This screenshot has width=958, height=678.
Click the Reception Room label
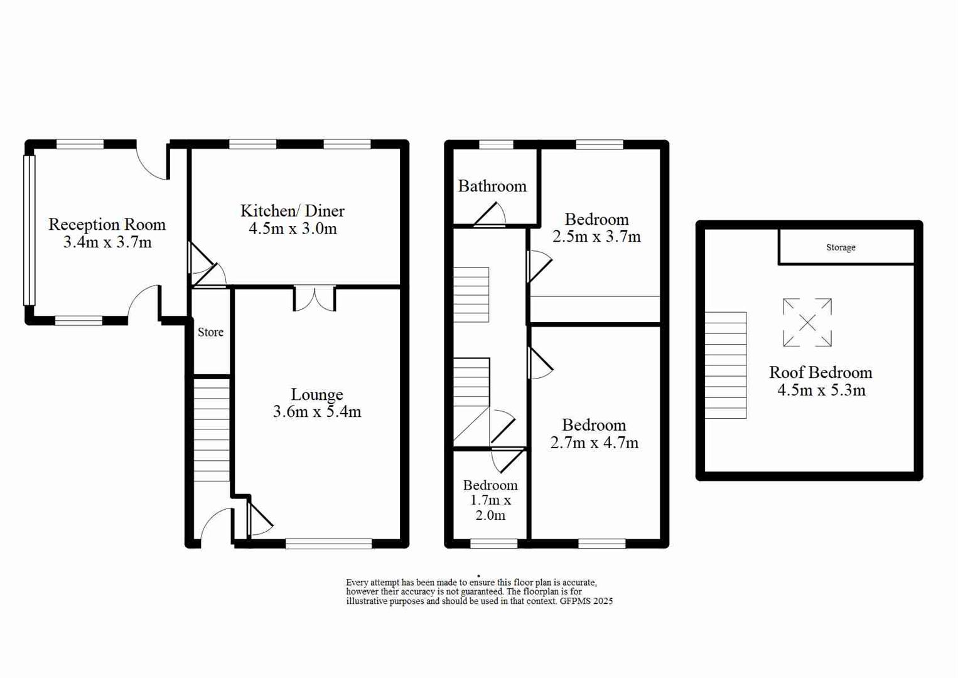(107, 224)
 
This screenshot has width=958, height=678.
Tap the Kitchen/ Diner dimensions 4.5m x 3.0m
(293, 229)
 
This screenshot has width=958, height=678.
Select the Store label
(210, 332)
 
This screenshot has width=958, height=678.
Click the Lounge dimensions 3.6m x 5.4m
(316, 412)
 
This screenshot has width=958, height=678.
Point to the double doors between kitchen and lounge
(315, 299)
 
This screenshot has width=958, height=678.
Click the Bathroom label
(492, 186)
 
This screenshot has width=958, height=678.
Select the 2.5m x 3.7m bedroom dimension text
(596, 237)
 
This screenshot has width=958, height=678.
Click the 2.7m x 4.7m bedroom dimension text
(594, 443)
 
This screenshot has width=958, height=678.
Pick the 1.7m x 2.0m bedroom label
(490, 500)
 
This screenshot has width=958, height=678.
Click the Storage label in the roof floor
(841, 247)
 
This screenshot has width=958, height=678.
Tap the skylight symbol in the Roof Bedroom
(807, 323)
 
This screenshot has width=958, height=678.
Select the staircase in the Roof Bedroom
(726, 365)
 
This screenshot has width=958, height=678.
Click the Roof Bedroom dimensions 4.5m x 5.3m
(821, 390)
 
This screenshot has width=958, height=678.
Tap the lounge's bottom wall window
(328, 544)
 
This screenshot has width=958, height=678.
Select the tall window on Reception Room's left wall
(29, 230)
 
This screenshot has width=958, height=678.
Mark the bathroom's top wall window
(496, 144)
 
